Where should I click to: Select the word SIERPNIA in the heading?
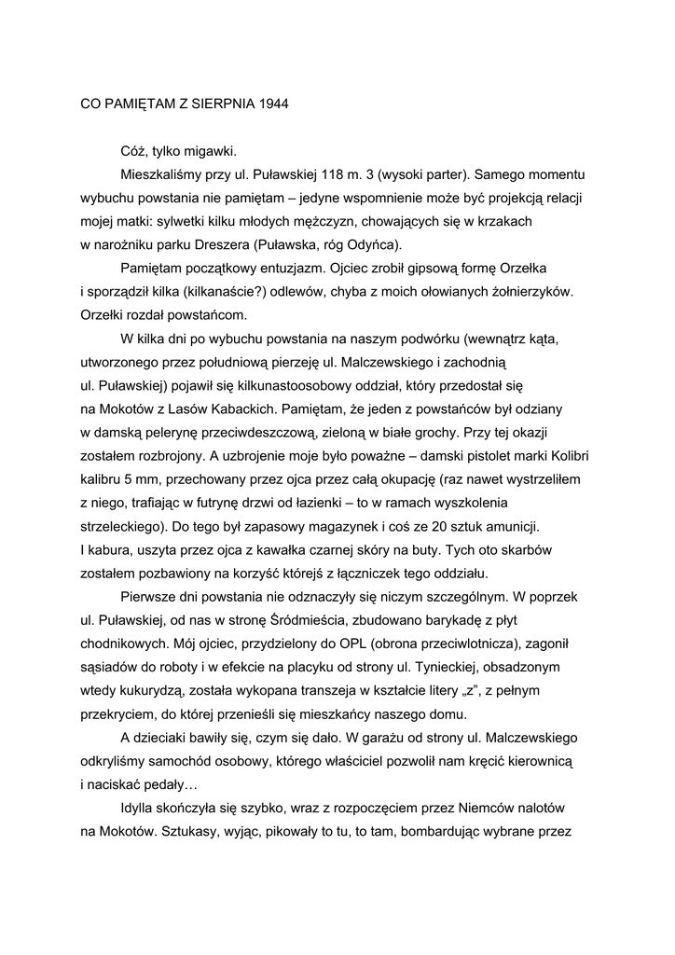click(x=217, y=104)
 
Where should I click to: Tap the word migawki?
click(x=212, y=151)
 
